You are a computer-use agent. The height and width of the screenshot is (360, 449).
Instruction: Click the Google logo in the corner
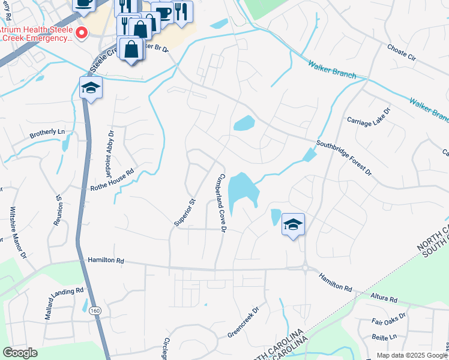point(20,353)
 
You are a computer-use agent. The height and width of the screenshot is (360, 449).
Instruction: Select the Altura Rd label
point(384,299)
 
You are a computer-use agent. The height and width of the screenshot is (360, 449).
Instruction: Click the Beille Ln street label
point(384,337)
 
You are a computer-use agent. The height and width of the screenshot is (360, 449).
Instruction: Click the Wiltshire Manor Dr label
point(17,233)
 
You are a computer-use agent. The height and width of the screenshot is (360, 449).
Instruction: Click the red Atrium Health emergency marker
point(82,32)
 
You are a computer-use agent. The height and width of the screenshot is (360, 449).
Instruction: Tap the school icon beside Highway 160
point(91,88)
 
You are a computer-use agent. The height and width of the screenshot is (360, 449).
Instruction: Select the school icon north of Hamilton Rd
point(293,224)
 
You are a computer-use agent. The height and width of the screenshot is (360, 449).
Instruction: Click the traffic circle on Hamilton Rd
point(305,268)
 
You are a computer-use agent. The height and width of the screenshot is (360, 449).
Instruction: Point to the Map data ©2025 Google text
point(412,355)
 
